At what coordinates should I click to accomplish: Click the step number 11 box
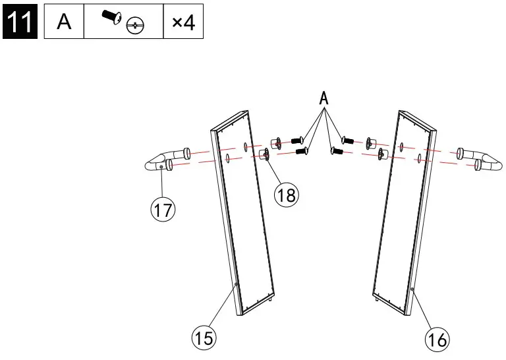(20, 22)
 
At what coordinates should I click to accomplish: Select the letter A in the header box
(64, 22)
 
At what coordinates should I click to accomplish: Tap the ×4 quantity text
(183, 23)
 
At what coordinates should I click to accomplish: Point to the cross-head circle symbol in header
(135, 26)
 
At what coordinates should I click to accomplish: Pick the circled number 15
(204, 339)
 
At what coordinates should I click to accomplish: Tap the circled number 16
(436, 340)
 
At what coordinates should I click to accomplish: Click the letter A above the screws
(323, 99)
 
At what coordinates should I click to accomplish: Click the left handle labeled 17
(162, 162)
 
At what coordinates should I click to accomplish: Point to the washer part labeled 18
(267, 154)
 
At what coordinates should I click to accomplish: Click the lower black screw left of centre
(302, 152)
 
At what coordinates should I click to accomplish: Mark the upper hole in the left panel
(244, 145)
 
